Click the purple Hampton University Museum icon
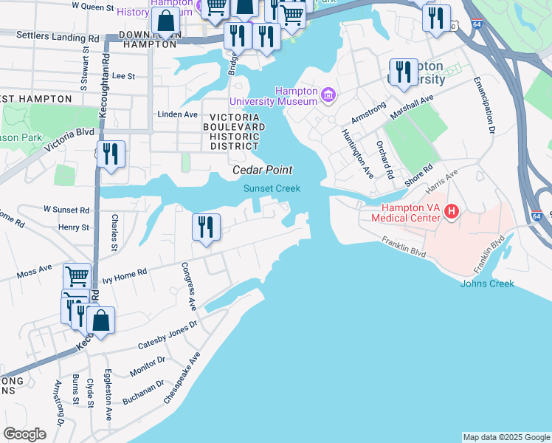(x=328, y=95)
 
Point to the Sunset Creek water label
(x=272, y=188)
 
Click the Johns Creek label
(x=486, y=284)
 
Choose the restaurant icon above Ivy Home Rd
(x=207, y=226)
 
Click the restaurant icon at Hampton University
(x=402, y=72)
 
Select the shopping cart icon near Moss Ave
(x=77, y=276)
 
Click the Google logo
(x=24, y=434)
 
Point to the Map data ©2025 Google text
(x=506, y=437)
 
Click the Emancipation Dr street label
(x=486, y=104)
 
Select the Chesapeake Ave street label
(x=183, y=377)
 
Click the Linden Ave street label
(x=178, y=114)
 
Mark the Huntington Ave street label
(x=357, y=154)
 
